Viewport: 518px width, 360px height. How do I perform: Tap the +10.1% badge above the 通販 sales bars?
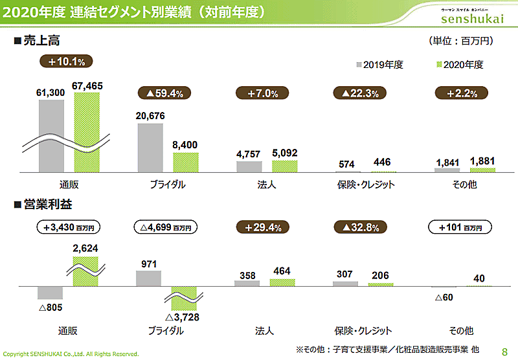(x=67, y=62)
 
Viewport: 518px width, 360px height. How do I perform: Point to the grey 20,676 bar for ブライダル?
(x=150, y=147)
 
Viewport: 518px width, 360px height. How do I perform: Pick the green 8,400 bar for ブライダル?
(x=185, y=162)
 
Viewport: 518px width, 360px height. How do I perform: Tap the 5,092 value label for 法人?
(x=284, y=154)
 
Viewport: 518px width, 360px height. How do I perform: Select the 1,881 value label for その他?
(x=482, y=162)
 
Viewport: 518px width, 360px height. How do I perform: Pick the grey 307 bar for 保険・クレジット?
(x=344, y=284)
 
